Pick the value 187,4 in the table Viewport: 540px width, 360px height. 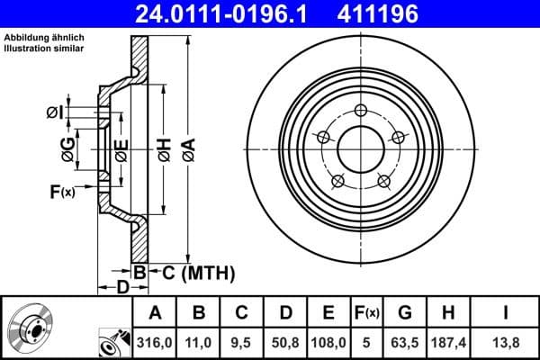coord(448,343)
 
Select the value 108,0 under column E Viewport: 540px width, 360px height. coord(328,343)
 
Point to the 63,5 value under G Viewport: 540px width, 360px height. coord(405,343)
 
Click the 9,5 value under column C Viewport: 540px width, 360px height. coord(240,343)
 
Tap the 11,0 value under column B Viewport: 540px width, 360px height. coord(199,343)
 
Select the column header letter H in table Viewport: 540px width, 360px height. coord(448,313)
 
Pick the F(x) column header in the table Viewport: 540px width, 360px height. coord(366,313)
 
